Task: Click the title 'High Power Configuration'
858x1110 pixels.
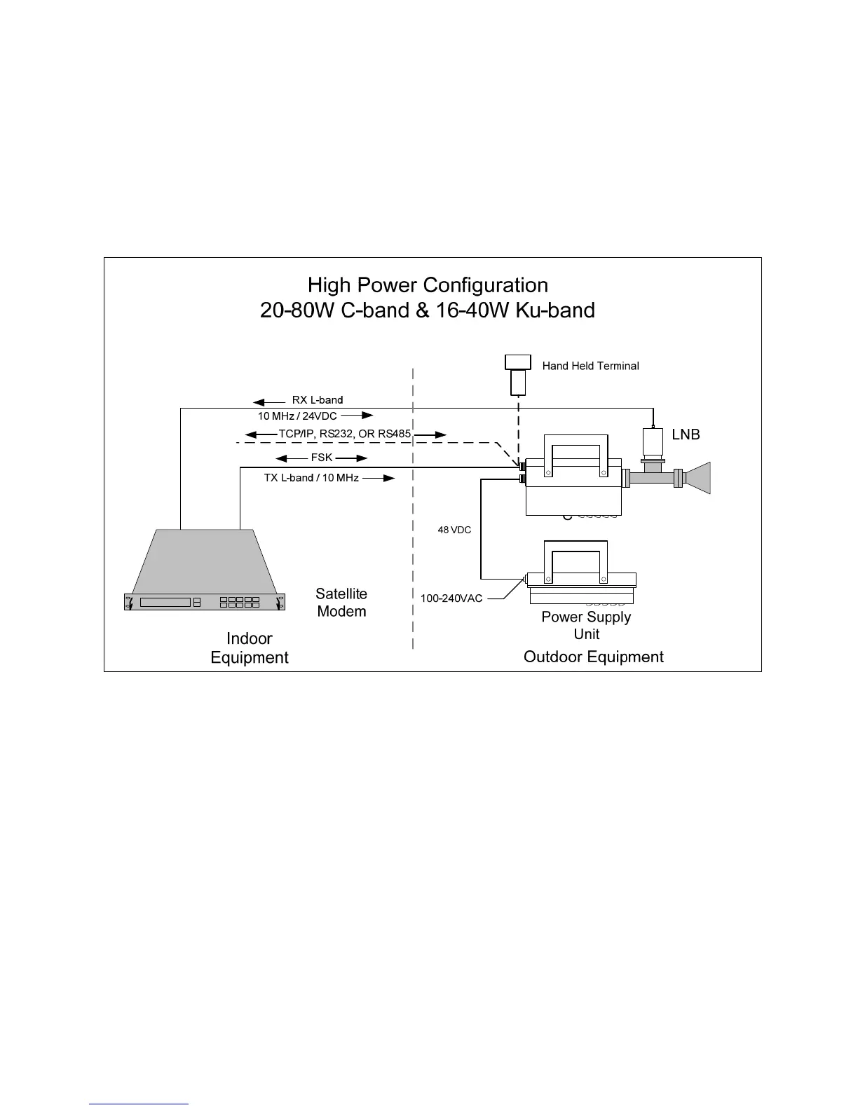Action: pyautogui.click(x=428, y=285)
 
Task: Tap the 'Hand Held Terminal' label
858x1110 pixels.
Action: pyautogui.click(x=590, y=366)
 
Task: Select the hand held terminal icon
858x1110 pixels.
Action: pyautogui.click(x=518, y=376)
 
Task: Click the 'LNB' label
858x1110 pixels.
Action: pyautogui.click(x=686, y=434)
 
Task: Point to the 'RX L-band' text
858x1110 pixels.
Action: pyautogui.click(x=318, y=400)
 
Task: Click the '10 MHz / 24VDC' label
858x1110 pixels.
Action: pyautogui.click(x=297, y=416)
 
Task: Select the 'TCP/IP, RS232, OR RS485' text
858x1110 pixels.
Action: pyautogui.click(x=345, y=434)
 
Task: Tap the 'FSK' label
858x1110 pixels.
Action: pyautogui.click(x=322, y=458)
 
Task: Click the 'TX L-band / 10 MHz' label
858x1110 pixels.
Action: pyautogui.click(x=306, y=478)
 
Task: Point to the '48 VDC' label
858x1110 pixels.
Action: pyautogui.click(x=454, y=530)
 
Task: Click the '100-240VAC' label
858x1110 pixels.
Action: pyautogui.click(x=451, y=599)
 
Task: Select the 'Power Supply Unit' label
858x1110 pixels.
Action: pyautogui.click(x=586, y=625)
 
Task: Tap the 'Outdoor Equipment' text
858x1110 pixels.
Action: pyautogui.click(x=593, y=657)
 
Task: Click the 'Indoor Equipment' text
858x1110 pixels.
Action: pyautogui.click(x=250, y=647)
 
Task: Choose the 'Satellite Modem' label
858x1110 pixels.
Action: pyautogui.click(x=341, y=603)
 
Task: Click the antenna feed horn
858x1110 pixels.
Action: pyautogui.click(x=697, y=478)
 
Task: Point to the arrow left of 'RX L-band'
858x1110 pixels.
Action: pyautogui.click(x=268, y=402)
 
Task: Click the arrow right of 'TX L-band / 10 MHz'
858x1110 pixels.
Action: pyautogui.click(x=379, y=479)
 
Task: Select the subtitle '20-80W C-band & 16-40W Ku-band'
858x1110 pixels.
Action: pyautogui.click(x=428, y=310)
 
